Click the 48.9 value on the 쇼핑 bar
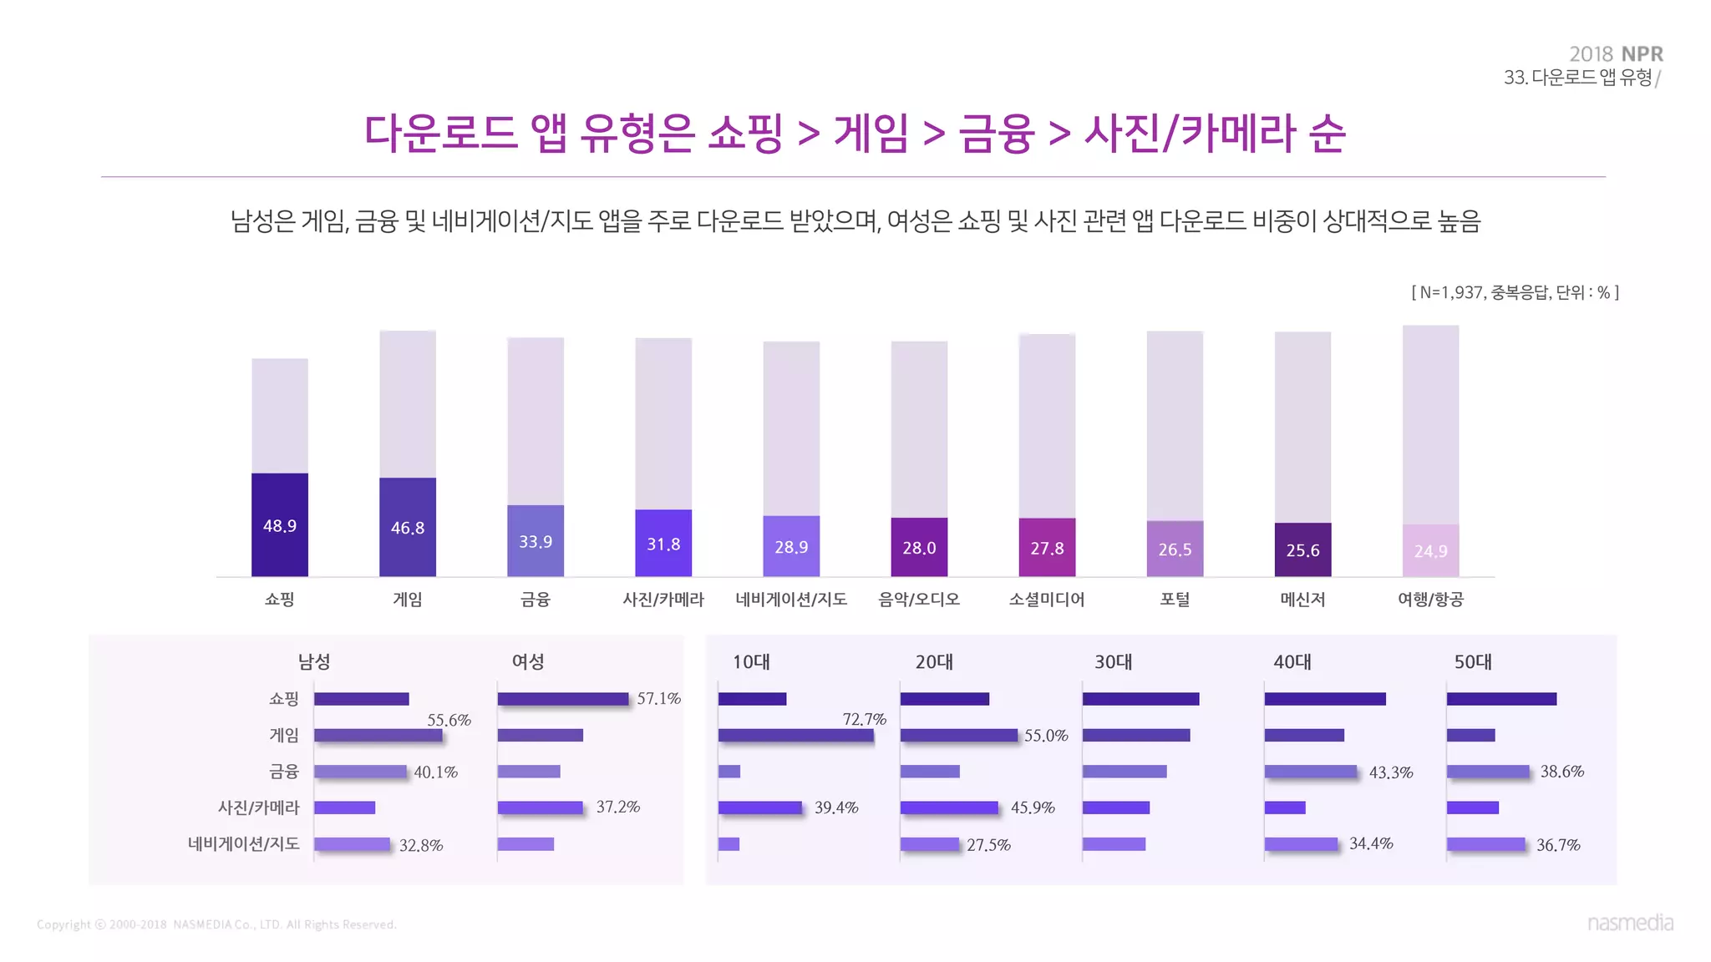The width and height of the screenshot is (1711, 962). click(280, 526)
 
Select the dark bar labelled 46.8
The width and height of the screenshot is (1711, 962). click(408, 527)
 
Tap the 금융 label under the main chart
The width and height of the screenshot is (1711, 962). click(536, 600)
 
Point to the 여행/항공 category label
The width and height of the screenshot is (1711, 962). click(1430, 600)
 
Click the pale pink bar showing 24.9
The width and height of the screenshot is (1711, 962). click(1430, 550)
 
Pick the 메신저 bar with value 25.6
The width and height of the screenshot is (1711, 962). click(1302, 549)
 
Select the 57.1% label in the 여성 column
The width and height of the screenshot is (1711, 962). click(658, 699)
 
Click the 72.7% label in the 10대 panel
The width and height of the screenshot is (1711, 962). click(864, 719)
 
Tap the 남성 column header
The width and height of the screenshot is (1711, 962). click(314, 662)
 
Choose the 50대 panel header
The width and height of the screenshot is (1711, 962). click(1473, 662)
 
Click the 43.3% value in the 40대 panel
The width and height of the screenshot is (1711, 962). click(1391, 773)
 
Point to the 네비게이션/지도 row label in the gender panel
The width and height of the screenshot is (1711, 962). click(243, 844)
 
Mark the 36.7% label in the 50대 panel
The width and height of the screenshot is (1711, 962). click(1558, 845)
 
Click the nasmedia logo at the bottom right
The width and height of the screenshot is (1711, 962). click(1630, 923)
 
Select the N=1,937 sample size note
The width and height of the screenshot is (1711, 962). click(1514, 292)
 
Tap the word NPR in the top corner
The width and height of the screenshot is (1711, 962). click(1642, 54)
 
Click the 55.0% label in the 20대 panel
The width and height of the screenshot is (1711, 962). click(1046, 736)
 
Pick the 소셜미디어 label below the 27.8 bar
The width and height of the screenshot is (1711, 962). click(1047, 600)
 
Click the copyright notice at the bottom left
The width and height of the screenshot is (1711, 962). click(216, 924)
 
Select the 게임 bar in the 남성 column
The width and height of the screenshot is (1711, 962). click(378, 736)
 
